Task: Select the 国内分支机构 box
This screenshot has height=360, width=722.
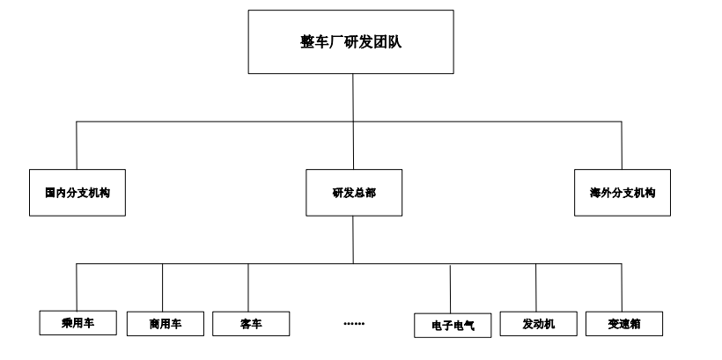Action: coord(77,193)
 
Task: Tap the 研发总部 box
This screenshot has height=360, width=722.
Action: coord(354,193)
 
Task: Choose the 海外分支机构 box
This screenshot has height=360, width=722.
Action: coord(623,193)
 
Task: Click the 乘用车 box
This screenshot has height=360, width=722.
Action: coord(77,322)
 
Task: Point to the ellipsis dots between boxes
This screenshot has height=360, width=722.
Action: coord(354,324)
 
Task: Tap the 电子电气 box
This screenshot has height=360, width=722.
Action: coord(453,325)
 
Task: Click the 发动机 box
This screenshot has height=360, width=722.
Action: coord(538,323)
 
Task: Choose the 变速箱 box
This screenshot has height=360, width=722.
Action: coord(623,323)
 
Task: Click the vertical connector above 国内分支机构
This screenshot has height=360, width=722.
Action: coord(77,145)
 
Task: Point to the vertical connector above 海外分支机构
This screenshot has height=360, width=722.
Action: coord(622,145)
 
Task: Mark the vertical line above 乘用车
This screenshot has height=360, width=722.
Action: coord(77,286)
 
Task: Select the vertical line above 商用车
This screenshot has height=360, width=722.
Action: coord(163,287)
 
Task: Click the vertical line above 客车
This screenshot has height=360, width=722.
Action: coord(248,287)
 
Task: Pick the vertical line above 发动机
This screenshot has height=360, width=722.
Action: coord(536,287)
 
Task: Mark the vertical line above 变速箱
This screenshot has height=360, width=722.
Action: coord(622,286)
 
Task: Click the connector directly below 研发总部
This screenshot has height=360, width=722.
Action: coord(354,239)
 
